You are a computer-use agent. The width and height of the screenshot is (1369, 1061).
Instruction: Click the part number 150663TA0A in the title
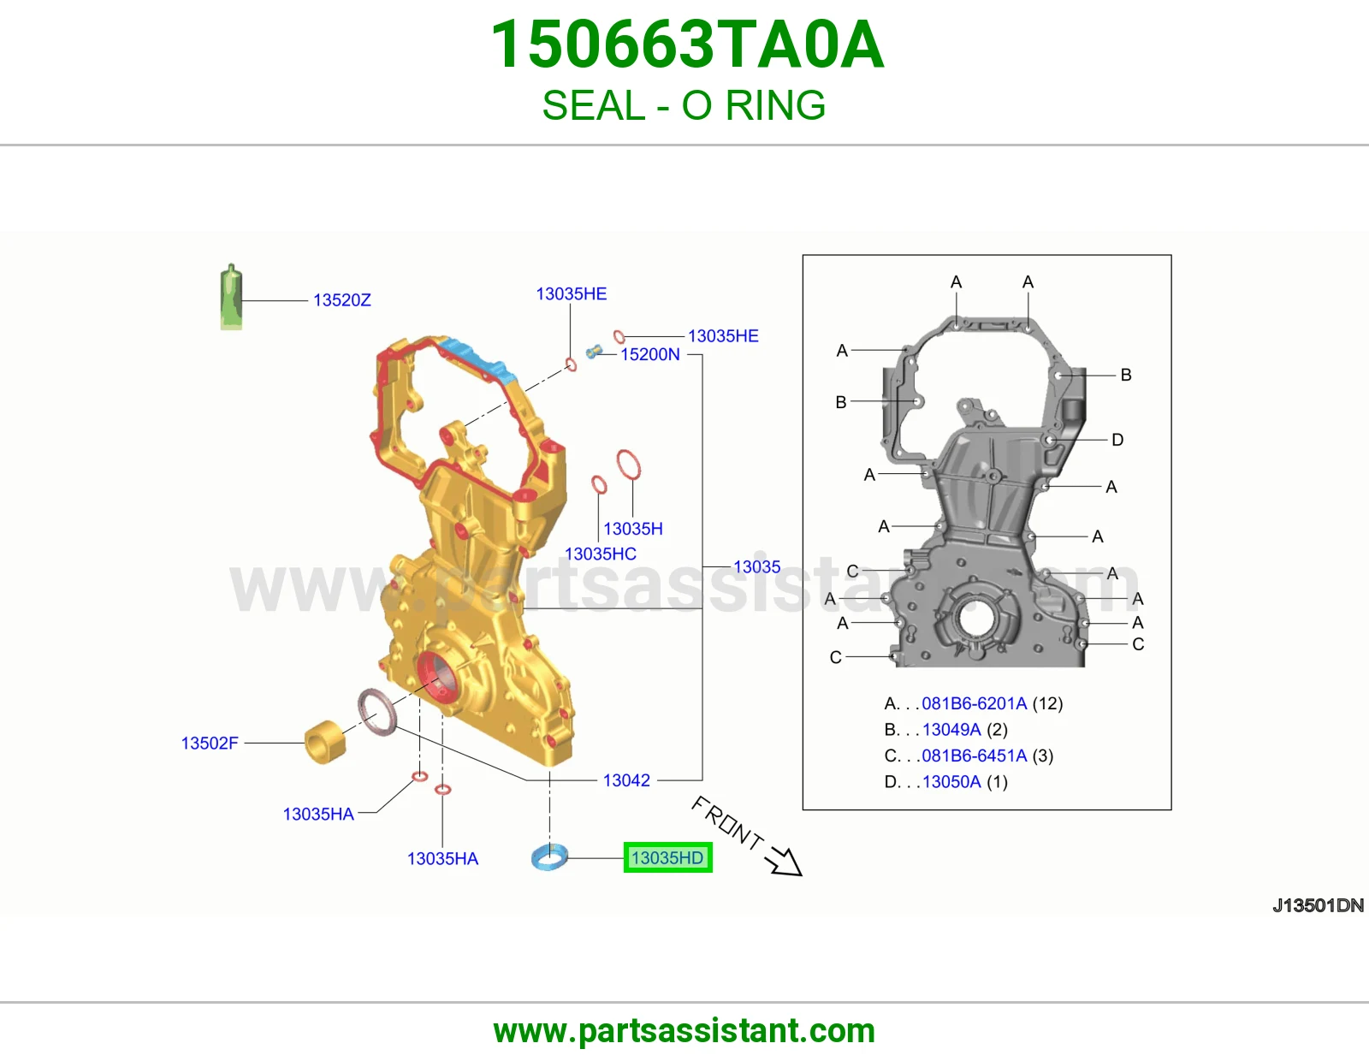point(687,44)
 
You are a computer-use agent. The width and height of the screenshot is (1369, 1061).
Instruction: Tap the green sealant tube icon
point(231,297)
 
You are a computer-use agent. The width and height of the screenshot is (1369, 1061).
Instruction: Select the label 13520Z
point(342,299)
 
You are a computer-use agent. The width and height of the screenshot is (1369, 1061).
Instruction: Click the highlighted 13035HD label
point(667,857)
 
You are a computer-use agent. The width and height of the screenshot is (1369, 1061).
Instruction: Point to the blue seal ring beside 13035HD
point(549,857)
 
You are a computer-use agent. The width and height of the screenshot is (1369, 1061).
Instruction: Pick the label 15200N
point(650,354)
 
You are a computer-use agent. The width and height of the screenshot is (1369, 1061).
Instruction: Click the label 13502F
point(210,743)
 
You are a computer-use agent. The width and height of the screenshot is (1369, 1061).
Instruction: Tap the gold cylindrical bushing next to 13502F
point(325,742)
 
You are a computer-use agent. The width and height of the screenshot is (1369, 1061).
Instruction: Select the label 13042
point(626,780)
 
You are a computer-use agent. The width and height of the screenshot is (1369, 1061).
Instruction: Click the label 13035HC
point(601,554)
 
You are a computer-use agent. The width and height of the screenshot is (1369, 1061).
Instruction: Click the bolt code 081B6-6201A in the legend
point(974,703)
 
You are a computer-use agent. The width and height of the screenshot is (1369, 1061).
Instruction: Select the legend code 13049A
point(951,729)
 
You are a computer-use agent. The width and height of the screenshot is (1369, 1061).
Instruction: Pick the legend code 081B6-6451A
point(974,755)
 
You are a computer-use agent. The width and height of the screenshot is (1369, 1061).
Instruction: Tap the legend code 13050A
point(951,781)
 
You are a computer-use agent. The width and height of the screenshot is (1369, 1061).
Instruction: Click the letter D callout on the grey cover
point(1117,439)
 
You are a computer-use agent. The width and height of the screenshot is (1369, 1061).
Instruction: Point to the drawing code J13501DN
point(1318,905)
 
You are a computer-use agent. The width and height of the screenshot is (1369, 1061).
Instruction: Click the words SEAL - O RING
point(684,105)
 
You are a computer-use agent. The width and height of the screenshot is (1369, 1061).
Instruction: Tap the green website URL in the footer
point(684,1031)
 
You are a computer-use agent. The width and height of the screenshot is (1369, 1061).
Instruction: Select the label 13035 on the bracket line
point(756,566)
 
